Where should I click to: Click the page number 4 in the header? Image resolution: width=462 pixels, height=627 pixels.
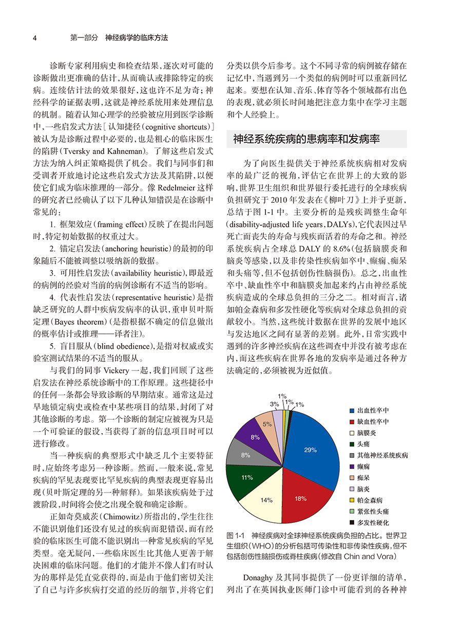(34, 38)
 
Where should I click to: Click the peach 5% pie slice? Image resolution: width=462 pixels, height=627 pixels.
(267, 424)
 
